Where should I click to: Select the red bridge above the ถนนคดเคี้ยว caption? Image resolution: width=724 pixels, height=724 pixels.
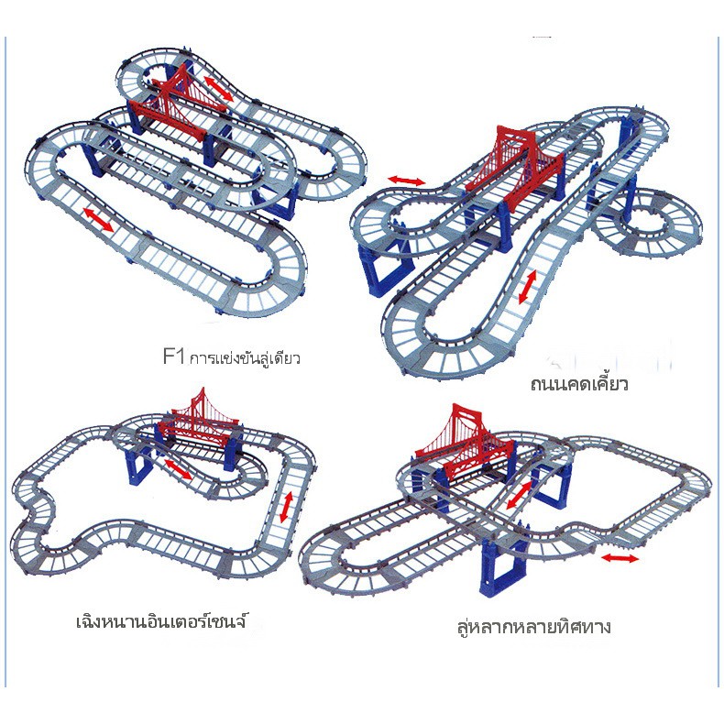[x=516, y=167]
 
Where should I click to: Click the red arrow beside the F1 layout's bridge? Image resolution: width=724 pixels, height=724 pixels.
[x=219, y=89]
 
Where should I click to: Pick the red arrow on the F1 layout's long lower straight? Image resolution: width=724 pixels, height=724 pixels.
[x=98, y=219]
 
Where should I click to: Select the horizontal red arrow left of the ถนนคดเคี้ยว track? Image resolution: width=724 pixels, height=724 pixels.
[x=406, y=181]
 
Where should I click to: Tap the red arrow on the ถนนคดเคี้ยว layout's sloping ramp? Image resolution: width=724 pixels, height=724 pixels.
[x=528, y=287]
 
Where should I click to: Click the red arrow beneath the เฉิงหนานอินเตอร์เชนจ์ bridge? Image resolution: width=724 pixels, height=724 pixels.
[x=178, y=469]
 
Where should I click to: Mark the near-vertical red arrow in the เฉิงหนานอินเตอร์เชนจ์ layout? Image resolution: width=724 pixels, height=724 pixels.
[x=286, y=508]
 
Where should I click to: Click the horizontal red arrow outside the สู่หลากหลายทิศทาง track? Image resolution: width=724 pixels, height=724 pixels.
[x=620, y=558]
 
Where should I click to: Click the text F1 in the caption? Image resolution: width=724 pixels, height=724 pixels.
[x=174, y=357]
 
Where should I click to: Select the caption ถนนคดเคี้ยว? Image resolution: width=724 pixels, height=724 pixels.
[x=579, y=384]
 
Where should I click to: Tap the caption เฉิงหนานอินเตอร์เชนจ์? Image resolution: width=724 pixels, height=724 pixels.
[x=161, y=620]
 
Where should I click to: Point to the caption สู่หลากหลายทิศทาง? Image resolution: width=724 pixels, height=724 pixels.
[x=534, y=627]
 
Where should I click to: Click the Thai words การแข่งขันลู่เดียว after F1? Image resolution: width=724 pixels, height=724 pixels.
[x=246, y=357]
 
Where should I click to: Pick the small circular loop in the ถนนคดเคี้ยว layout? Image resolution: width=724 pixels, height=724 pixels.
[x=646, y=223]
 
